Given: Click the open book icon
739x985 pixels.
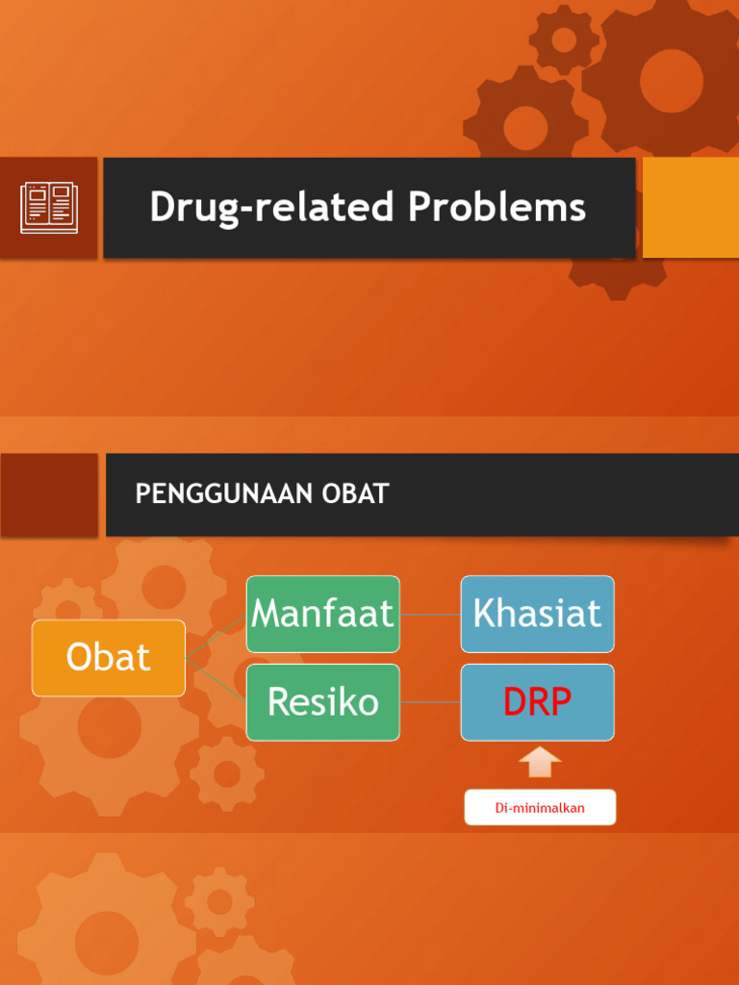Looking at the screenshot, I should (x=49, y=208).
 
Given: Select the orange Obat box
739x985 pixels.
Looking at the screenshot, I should (x=109, y=658).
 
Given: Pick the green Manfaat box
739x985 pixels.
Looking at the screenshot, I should (x=322, y=614).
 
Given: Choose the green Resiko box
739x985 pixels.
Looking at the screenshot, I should (x=322, y=702).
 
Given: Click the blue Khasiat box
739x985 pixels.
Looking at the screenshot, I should (x=537, y=614).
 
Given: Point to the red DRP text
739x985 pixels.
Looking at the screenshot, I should (x=537, y=703).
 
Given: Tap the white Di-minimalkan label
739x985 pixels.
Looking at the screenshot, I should (x=540, y=808).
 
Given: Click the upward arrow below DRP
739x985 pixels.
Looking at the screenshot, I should (x=540, y=762).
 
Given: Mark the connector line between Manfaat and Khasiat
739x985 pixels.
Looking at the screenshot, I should (x=430, y=614).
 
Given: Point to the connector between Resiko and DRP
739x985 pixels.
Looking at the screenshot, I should (x=430, y=702).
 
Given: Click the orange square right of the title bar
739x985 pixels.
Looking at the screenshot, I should (x=690, y=208).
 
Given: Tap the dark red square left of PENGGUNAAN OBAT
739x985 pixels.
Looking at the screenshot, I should (x=49, y=494).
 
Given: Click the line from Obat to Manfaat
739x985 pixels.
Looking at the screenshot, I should (x=217, y=636).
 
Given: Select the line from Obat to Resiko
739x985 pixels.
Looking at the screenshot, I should (x=217, y=680).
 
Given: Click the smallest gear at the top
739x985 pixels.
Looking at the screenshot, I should (x=564, y=39).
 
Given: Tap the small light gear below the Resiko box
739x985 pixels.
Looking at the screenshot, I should (x=227, y=773).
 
